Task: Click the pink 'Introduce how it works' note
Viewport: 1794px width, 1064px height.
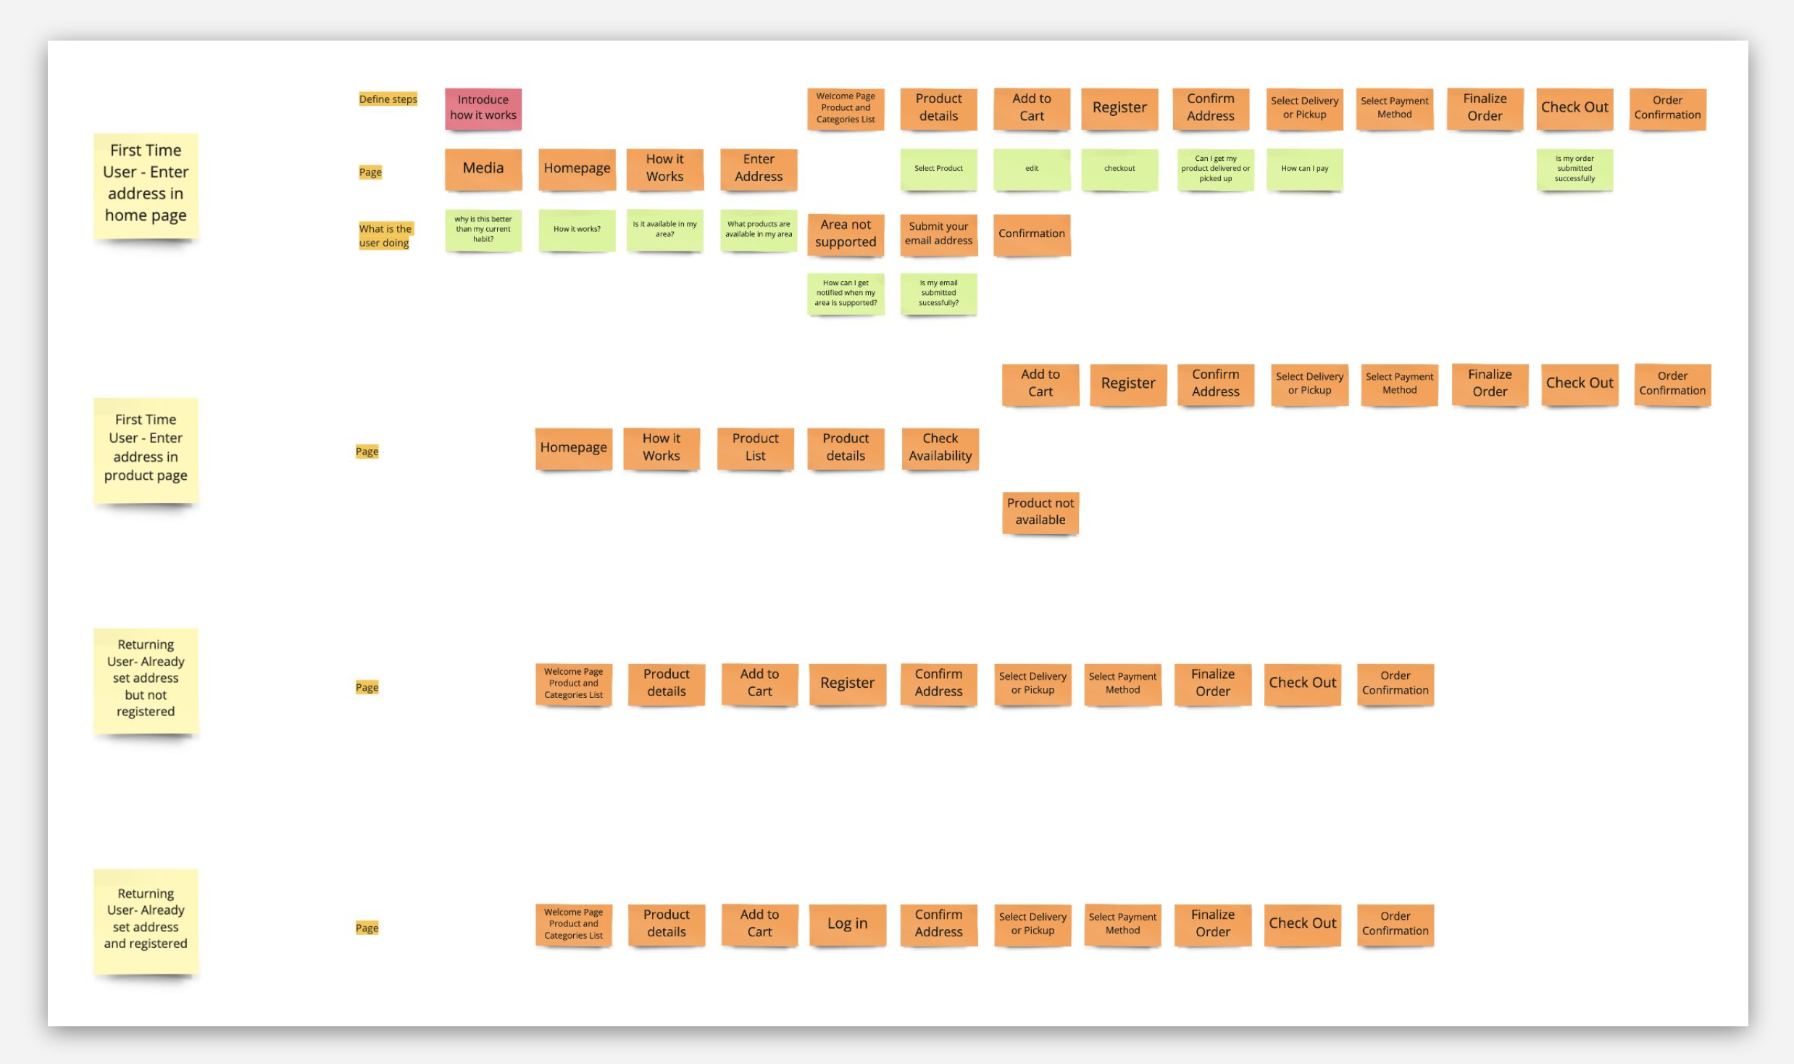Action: tap(483, 108)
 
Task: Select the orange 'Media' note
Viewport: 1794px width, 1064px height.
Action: tap(483, 168)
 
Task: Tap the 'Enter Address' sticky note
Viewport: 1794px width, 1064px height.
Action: tap(758, 168)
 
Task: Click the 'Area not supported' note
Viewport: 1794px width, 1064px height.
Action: tap(845, 233)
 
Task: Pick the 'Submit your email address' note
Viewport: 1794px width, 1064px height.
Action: tap(938, 233)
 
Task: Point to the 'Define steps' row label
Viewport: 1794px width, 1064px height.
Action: tap(388, 99)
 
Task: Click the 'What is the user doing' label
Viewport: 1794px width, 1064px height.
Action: tap(385, 236)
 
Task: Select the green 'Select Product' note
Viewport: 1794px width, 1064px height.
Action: tap(938, 169)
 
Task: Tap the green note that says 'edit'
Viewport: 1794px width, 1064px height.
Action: tap(1031, 169)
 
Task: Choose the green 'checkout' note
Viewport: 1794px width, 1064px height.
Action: tap(1119, 169)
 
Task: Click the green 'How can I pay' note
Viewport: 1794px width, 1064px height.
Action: tap(1303, 169)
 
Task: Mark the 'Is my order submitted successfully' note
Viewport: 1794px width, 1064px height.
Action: tap(1574, 169)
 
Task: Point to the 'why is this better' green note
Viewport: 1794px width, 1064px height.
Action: tap(483, 229)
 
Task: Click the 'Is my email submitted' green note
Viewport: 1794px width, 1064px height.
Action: tap(938, 293)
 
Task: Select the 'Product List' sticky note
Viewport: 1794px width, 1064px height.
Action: tap(755, 447)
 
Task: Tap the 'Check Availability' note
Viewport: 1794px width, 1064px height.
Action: tap(940, 447)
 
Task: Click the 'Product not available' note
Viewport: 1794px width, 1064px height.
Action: tap(1040, 512)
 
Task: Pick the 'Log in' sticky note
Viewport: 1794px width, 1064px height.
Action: tap(847, 923)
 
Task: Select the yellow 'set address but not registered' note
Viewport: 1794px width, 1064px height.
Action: tap(146, 678)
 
